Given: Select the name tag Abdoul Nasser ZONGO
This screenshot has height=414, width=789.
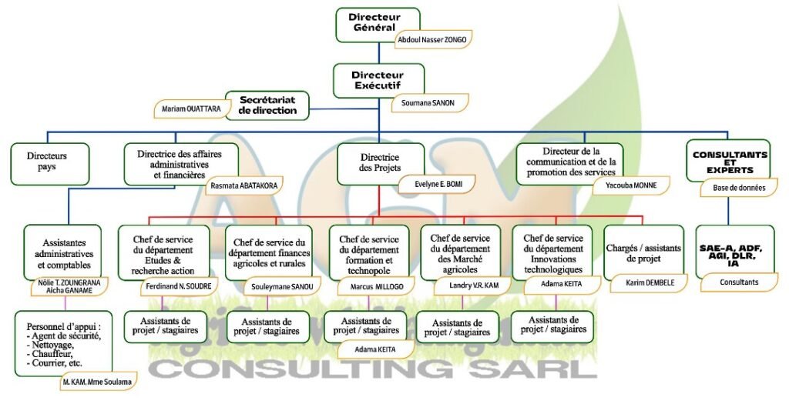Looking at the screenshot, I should pos(431,39).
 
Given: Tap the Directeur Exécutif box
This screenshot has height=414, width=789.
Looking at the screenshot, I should pos(377,80).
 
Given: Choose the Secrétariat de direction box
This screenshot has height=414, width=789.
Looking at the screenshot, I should pos(267,105).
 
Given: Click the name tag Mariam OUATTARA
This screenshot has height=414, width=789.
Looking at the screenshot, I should pos(192,109).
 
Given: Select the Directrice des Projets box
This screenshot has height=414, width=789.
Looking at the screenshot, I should pos(380,162).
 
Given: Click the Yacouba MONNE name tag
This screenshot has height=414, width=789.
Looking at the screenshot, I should pos(630,185).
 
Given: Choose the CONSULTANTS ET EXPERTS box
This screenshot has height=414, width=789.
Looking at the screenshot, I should pos(730,160).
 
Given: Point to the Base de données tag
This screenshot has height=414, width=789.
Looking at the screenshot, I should pos(738,186).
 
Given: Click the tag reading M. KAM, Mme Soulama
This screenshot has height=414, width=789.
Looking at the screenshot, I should pos(97,381).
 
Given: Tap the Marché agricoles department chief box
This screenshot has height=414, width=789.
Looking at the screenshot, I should pos(461,253).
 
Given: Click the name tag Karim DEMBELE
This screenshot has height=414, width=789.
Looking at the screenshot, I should pos(646,282).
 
